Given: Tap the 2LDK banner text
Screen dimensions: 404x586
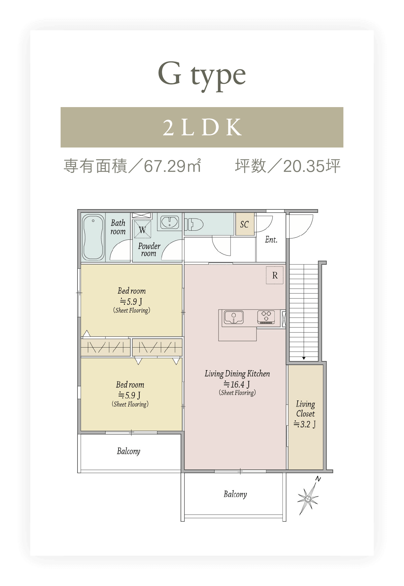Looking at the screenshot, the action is (x=202, y=127).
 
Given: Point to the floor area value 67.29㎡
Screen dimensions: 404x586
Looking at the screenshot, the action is (x=172, y=166).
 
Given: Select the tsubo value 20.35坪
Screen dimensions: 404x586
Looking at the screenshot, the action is (x=312, y=166).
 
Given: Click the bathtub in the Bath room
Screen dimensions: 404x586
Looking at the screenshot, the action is (x=93, y=237).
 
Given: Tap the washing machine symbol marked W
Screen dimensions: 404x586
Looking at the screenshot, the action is (x=142, y=229).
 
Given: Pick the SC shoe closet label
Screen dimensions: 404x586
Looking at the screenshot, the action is (x=244, y=224).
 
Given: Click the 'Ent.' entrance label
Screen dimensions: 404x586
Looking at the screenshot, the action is (x=271, y=240).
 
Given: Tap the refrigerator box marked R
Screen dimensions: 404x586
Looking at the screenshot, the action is (x=275, y=275).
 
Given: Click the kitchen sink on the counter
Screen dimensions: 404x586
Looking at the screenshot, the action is (x=234, y=318).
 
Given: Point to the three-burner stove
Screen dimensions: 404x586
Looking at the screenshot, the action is (x=266, y=317).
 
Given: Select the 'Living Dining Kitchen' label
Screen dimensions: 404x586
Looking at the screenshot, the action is (x=237, y=374).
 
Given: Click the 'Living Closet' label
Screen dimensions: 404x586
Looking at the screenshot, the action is (x=305, y=409).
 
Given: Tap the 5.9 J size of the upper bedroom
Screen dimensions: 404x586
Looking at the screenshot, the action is (x=131, y=301).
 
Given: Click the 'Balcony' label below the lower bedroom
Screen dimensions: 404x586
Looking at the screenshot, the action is (x=129, y=451).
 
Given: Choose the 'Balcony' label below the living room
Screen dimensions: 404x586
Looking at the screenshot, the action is (x=235, y=494).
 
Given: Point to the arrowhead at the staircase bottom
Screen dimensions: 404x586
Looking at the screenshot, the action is (x=304, y=358).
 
